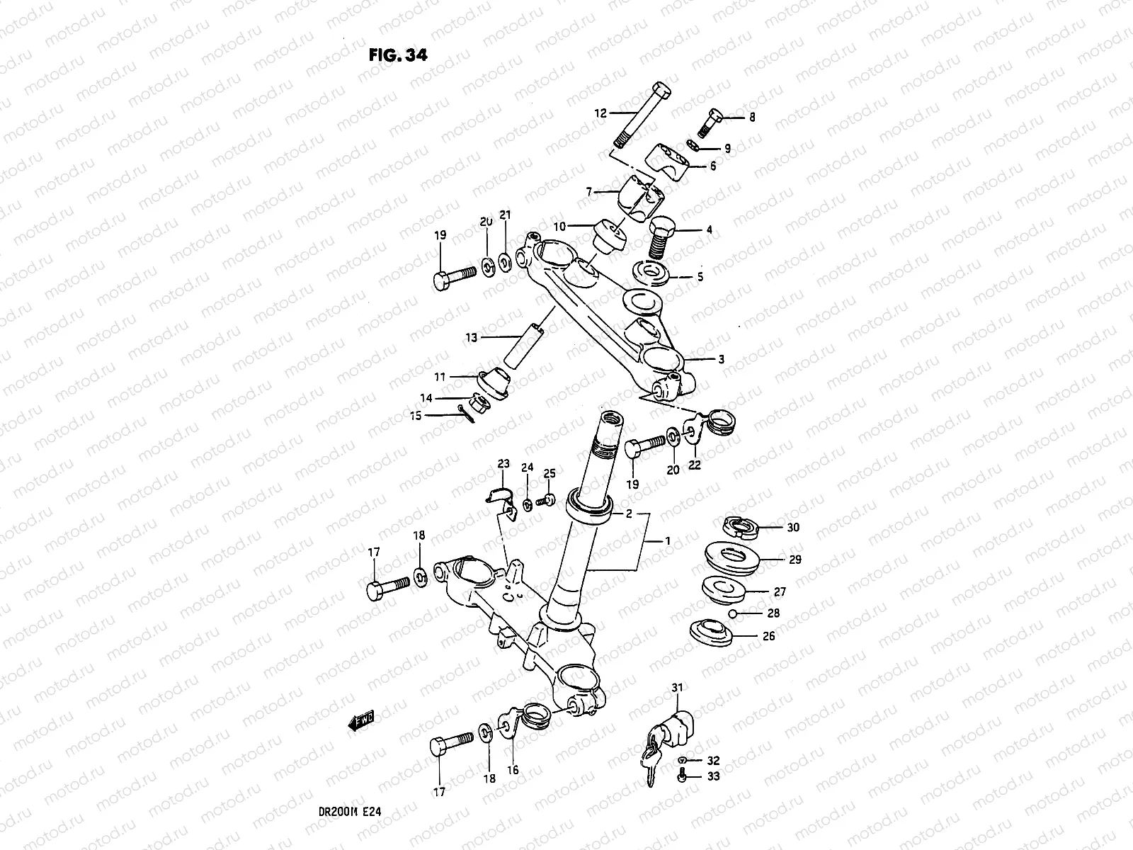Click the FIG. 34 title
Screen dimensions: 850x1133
398,55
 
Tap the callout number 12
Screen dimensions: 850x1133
600,113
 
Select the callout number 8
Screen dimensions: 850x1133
752,118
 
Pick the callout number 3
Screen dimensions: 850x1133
721,360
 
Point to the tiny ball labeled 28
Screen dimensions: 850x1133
736,613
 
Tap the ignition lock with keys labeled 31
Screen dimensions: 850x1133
668,737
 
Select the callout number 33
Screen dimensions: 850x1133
712,777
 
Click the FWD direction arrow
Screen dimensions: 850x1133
361,721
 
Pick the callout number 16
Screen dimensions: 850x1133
513,770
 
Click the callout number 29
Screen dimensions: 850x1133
795,560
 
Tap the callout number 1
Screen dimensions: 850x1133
666,541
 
